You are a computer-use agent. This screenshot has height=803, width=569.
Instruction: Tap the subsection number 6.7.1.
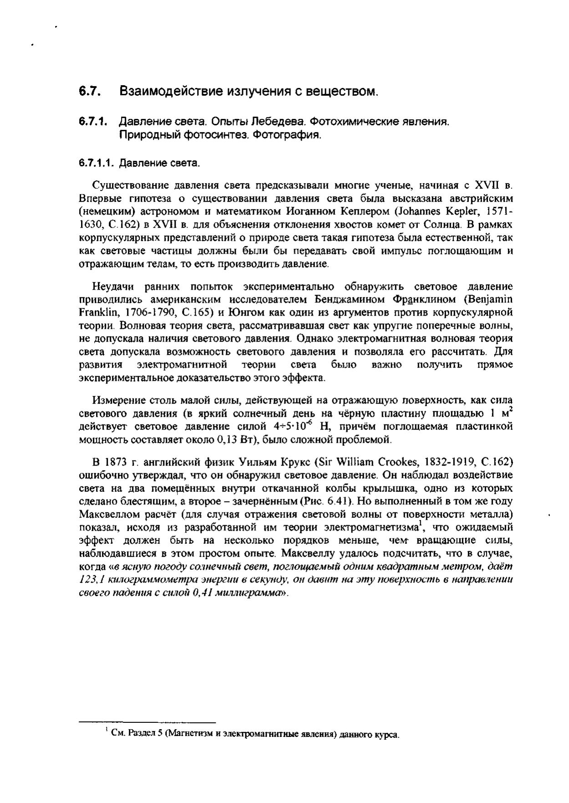[92, 122]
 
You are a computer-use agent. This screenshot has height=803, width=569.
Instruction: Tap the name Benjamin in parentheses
[490, 300]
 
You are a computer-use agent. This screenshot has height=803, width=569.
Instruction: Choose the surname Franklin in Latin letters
[95, 313]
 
